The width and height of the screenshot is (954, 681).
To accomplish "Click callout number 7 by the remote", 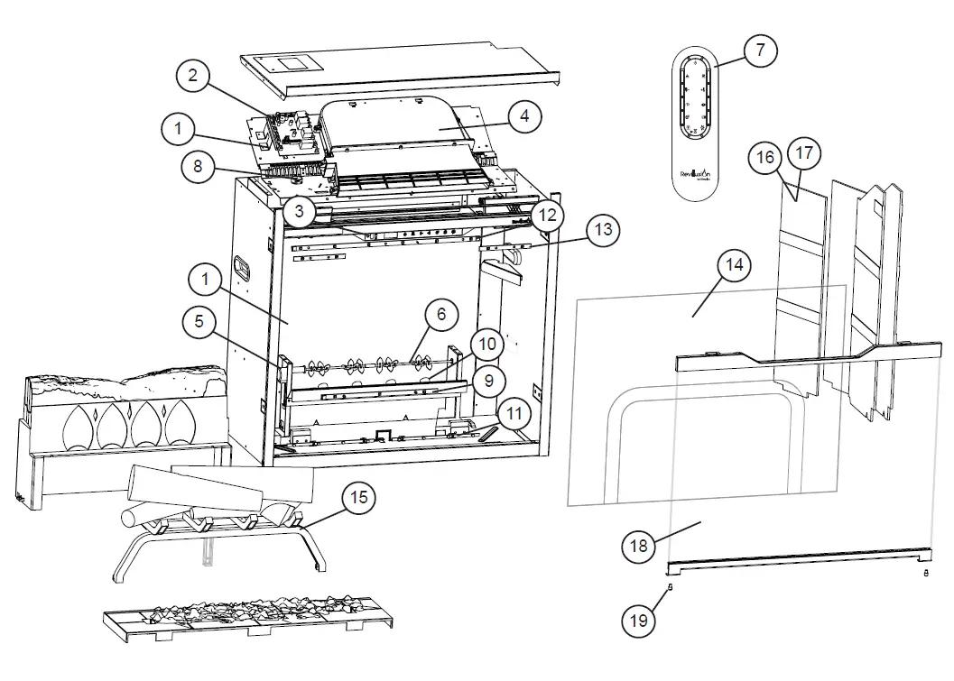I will click(x=760, y=51).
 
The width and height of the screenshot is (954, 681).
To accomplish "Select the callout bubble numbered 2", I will click(x=193, y=78).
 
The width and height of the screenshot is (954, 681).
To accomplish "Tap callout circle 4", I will click(x=523, y=116).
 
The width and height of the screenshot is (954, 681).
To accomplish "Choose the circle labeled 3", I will click(x=299, y=211).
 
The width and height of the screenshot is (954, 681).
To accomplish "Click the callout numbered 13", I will click(x=602, y=231).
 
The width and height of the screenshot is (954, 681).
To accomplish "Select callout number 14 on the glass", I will click(x=735, y=265).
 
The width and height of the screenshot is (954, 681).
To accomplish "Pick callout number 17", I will click(x=804, y=153).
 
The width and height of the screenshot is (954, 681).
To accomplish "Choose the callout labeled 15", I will click(x=359, y=497).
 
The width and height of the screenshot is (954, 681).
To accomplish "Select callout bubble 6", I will click(x=440, y=315).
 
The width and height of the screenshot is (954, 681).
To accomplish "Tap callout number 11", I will click(x=514, y=416).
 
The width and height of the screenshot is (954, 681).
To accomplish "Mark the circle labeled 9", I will click(x=488, y=381).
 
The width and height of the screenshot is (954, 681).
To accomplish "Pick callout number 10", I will click(x=487, y=344).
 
